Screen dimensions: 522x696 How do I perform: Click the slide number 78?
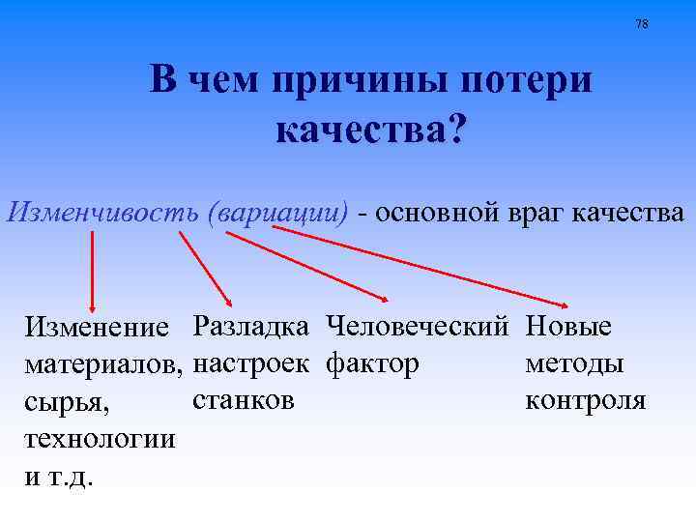pos(643,24)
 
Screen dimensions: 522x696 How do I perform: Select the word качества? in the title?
pos(370,129)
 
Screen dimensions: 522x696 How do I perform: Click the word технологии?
pos(101,439)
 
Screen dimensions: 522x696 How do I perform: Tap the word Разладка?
pos(251,326)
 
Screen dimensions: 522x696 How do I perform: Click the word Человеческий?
pos(418,326)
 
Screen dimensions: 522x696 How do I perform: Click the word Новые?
pos(568,326)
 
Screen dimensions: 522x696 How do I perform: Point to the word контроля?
pos(586,399)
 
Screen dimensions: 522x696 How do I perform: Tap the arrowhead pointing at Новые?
pos(563,303)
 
